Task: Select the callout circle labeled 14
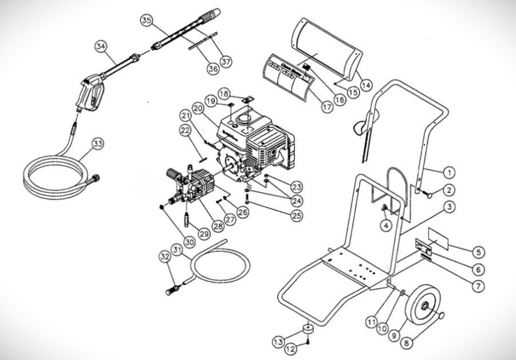pyautogui.click(x=365, y=85)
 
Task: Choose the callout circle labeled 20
pyautogui.click(x=199, y=107)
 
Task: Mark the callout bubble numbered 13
pyautogui.click(x=278, y=342)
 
